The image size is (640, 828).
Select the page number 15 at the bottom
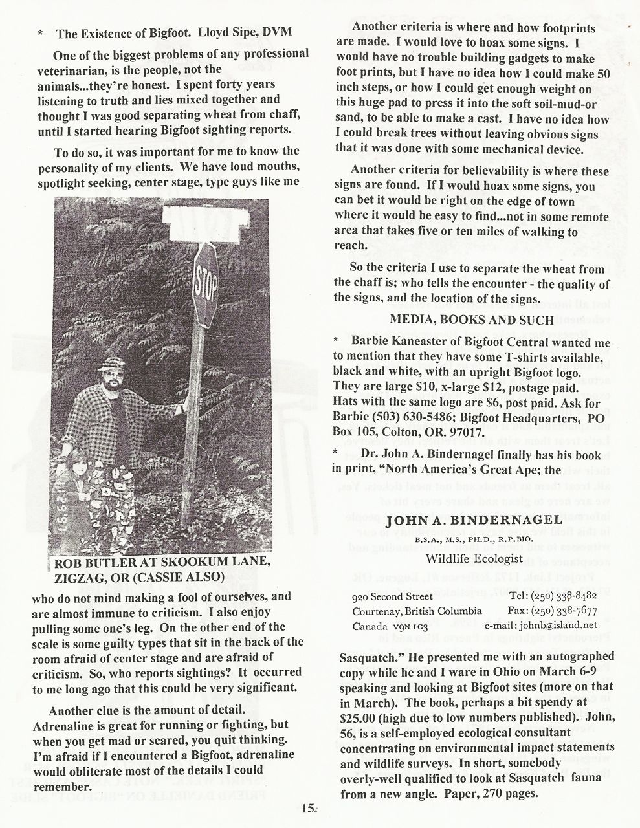point(308,807)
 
